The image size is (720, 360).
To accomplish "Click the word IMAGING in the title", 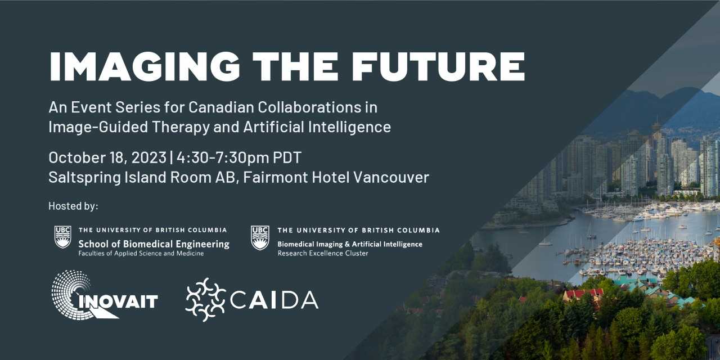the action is (145, 66).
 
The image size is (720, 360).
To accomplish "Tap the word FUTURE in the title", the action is (438, 66).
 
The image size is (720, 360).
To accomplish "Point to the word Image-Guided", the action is (98, 127).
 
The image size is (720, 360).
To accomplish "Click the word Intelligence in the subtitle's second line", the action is (349, 127).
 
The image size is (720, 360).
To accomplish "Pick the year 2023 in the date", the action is (148, 157).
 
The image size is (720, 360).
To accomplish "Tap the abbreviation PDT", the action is (287, 157).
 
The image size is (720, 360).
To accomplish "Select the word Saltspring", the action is (84, 177).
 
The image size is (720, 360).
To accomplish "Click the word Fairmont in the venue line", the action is (276, 177).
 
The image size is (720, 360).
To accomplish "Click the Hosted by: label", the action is (73, 206).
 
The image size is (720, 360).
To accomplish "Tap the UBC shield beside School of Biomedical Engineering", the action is (62, 237).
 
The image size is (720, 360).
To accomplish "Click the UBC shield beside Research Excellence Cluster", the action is (260, 237).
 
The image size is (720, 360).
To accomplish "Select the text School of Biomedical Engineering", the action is (154, 244).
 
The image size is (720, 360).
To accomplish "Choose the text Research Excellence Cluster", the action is (323, 253).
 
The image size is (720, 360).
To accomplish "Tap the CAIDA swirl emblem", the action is (206, 300).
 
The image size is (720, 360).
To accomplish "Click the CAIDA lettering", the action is (274, 300).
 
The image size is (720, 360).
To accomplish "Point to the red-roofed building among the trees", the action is (583, 294).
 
